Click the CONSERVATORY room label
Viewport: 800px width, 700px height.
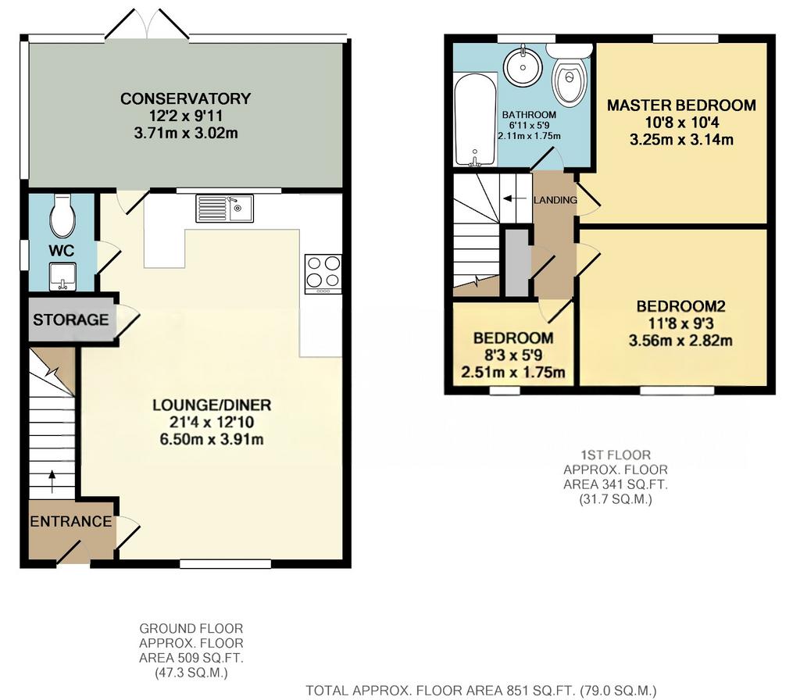[x=185, y=98]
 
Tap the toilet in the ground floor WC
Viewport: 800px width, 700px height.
[x=62, y=216]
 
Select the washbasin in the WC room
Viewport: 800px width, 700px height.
[x=62, y=277]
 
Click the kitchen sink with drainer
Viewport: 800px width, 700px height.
[x=224, y=208]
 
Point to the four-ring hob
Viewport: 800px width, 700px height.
[x=323, y=273]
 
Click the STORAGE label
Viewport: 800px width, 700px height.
[x=71, y=320]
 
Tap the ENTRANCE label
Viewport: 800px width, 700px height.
[x=71, y=521]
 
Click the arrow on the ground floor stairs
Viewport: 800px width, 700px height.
[x=52, y=482]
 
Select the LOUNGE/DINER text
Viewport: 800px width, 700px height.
[x=212, y=405]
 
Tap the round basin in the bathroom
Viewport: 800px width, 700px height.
[x=523, y=67]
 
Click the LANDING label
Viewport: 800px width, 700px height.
[x=555, y=200]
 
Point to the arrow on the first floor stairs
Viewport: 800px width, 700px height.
[x=514, y=198]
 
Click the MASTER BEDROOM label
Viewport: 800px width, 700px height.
[x=681, y=105]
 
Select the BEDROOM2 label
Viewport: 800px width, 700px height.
[x=680, y=306]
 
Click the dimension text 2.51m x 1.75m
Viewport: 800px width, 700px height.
[x=512, y=373]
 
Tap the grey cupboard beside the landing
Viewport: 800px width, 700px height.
[x=518, y=262]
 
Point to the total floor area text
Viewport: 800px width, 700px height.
[x=480, y=691]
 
